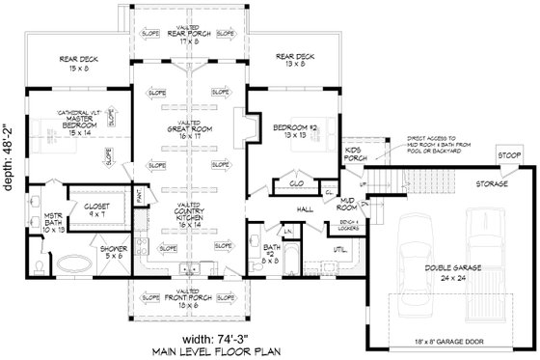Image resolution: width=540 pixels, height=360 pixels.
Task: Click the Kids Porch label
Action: [x=353, y=155]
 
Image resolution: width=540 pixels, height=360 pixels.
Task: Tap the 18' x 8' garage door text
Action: [x=450, y=343]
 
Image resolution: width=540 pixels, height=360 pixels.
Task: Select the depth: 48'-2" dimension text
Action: [x=11, y=180]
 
